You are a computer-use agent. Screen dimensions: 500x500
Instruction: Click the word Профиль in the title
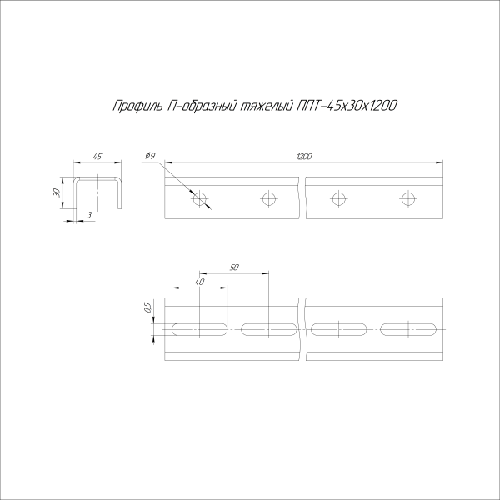click(x=132, y=106)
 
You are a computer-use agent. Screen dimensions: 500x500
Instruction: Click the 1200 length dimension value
click(x=306, y=156)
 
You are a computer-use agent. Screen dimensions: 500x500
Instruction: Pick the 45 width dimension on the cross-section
click(x=97, y=156)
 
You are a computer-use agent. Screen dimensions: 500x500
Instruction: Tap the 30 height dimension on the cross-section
click(x=57, y=192)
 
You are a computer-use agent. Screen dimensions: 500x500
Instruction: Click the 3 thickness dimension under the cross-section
click(x=88, y=216)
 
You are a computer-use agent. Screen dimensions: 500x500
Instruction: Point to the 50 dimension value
click(x=234, y=267)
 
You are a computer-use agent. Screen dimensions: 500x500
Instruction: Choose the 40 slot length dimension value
click(x=199, y=283)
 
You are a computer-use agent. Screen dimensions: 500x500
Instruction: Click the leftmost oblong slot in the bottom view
click(x=200, y=328)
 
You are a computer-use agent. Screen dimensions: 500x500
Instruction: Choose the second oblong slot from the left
click(x=269, y=328)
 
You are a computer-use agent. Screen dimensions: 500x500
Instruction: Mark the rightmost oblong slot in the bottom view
click(x=408, y=328)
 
